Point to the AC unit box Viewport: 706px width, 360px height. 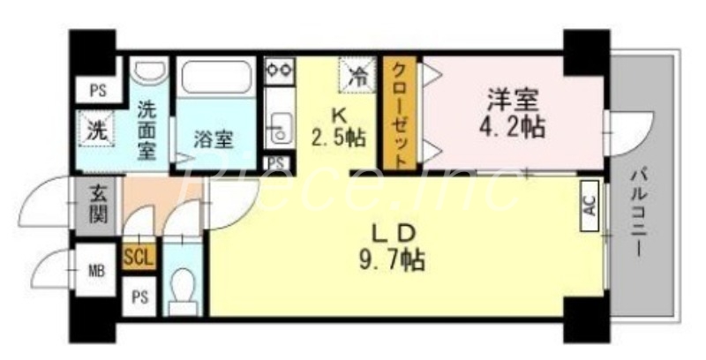tap(590, 206)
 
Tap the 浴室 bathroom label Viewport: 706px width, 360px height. tap(214, 139)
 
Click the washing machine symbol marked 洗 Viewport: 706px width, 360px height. tap(94, 130)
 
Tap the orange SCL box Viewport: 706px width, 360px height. tap(139, 256)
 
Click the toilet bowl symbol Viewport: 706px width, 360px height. tap(184, 288)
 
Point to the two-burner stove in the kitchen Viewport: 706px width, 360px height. tap(280, 69)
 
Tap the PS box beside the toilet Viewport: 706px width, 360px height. tap(139, 296)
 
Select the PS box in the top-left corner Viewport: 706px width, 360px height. tap(95, 88)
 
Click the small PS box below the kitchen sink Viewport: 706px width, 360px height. tap(277, 162)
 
